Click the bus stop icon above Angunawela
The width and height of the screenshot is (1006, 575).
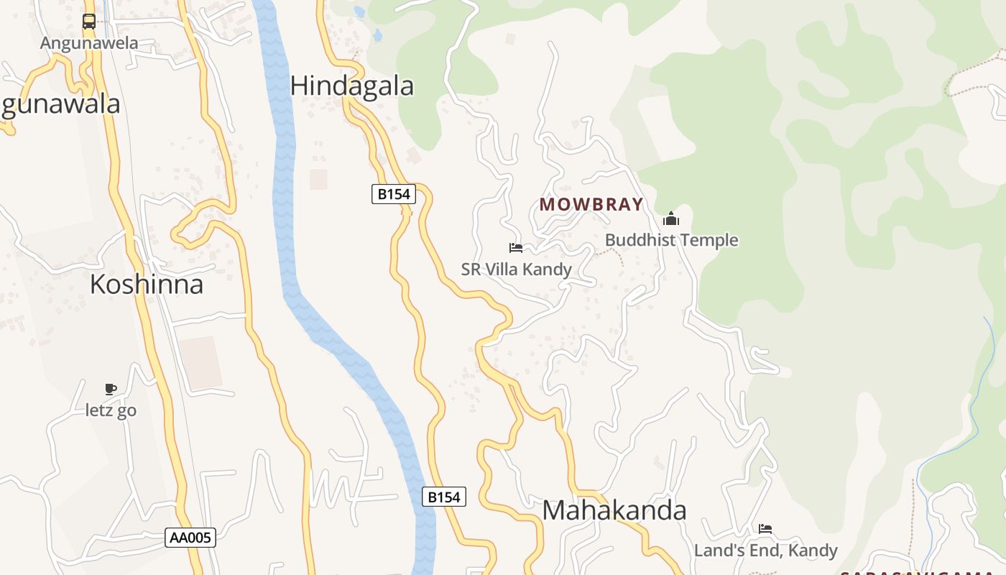[89, 22]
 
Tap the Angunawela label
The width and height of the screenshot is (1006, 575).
[89, 43]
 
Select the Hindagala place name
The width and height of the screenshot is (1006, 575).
[352, 86]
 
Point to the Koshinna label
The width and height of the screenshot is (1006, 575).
[147, 285]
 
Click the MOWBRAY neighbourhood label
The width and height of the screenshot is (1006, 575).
[591, 204]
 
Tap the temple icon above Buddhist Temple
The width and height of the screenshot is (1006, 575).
[671, 218]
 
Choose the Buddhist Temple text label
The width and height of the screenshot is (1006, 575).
[671, 240]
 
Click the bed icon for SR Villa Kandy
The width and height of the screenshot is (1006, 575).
[516, 248]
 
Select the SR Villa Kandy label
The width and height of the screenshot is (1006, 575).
[516, 270]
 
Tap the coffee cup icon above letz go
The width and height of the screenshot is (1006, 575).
[111, 390]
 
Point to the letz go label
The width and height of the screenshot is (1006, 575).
[111, 411]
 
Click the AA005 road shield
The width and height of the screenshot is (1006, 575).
[190, 538]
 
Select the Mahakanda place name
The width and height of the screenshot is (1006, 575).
[614, 510]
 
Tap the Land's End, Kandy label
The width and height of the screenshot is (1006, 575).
[765, 551]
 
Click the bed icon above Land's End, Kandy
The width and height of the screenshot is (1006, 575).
[765, 529]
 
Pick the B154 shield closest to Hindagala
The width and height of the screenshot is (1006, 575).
[394, 193]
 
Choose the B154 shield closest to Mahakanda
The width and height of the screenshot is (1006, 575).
[443, 497]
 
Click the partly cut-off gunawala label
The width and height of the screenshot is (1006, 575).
[60, 105]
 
